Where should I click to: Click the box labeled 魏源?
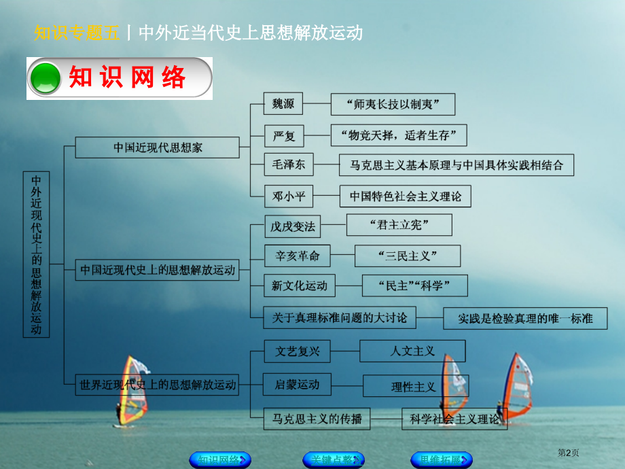[283, 105]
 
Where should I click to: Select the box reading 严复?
[283, 136]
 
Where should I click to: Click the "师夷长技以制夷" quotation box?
[393, 105]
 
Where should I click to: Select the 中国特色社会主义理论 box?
[405, 196]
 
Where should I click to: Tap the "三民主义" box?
[407, 256]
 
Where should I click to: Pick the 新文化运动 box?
[299, 286]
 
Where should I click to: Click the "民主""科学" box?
[414, 286]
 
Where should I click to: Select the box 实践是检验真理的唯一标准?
[524, 318]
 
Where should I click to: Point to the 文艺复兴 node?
[297, 351]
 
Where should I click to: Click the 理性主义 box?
[413, 386]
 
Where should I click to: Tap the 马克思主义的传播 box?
[317, 419]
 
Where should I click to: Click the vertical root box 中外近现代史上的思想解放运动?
[37, 254]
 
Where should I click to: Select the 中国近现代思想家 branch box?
[157, 147]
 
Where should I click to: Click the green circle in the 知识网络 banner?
[46, 77]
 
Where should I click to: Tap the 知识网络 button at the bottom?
[219, 459]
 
